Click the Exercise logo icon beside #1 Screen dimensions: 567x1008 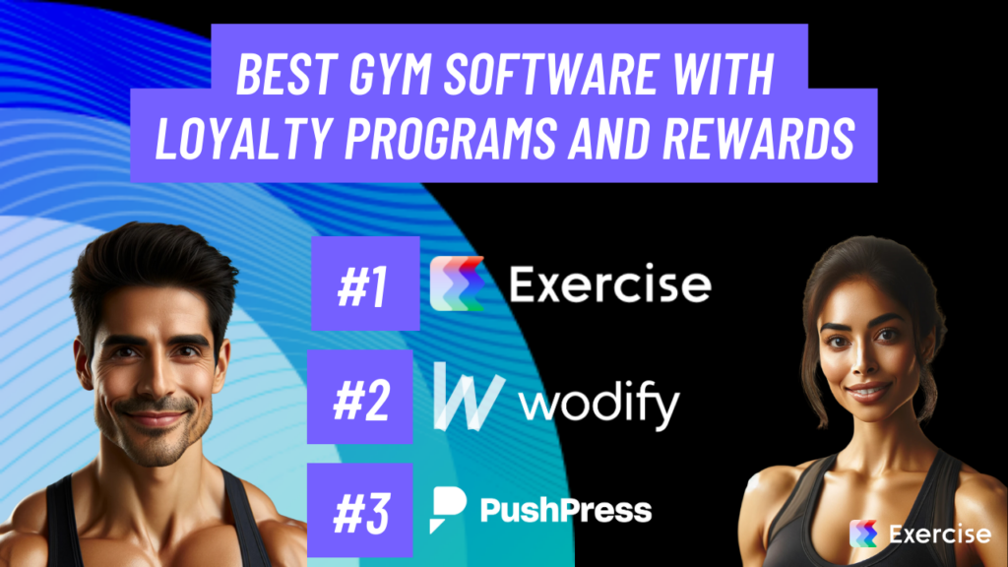click(x=457, y=283)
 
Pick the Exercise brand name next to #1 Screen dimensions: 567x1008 click(x=609, y=284)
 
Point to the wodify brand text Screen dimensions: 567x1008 click(x=599, y=403)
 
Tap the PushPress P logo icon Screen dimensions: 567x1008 click(x=448, y=509)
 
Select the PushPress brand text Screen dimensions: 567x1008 click(x=565, y=510)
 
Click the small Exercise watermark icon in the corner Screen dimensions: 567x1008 click(x=863, y=534)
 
